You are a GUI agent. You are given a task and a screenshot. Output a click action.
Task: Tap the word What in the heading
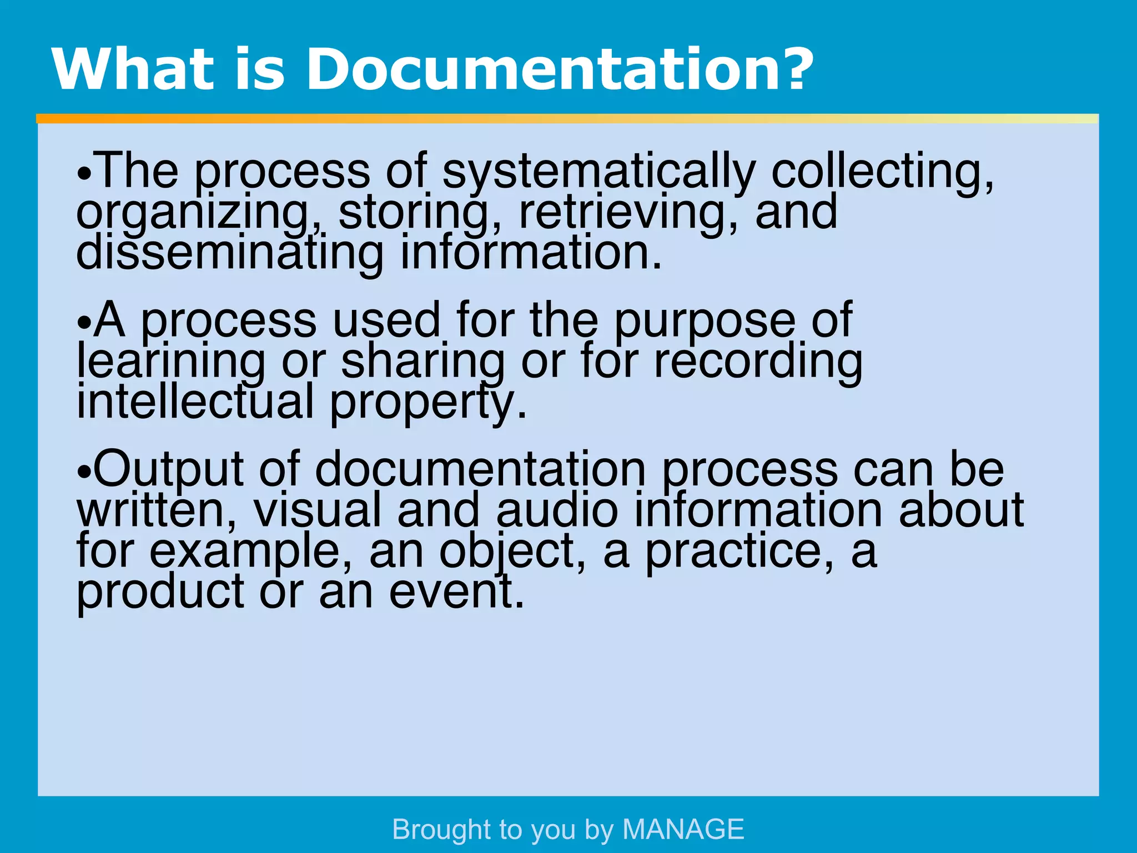click(x=133, y=69)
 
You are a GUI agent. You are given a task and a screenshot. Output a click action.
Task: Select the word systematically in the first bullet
click(x=598, y=172)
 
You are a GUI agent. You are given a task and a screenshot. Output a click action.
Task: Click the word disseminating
click(x=230, y=253)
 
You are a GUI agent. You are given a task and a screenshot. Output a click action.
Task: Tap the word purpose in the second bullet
click(x=704, y=322)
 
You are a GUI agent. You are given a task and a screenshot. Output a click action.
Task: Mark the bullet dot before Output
click(x=83, y=474)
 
